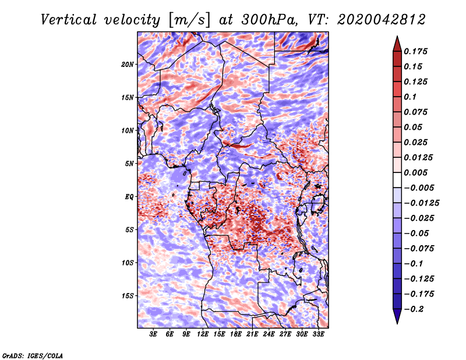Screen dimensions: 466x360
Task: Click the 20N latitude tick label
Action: [x=128, y=64]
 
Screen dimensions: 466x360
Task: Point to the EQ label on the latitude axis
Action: [x=129, y=196]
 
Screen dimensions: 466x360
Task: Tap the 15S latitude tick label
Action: [x=128, y=296]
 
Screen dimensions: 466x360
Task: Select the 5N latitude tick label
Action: [x=129, y=164]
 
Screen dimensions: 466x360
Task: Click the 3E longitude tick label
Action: [x=153, y=334]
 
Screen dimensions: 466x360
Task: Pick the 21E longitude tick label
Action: [x=252, y=334]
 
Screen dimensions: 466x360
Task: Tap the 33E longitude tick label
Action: [x=318, y=334]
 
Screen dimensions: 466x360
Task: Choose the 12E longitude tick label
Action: [x=203, y=334]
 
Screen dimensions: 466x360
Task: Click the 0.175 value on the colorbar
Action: [x=415, y=51]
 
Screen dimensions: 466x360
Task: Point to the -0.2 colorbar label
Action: [x=414, y=309]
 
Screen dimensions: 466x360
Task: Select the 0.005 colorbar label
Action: [x=415, y=172]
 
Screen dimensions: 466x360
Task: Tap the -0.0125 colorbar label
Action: [x=421, y=203]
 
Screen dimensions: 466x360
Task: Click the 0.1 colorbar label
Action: [x=410, y=97]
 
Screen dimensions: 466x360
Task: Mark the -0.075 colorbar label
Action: [x=419, y=249]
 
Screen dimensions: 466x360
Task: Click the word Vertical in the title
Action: [x=69, y=20]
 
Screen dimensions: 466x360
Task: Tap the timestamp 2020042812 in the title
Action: [x=382, y=20]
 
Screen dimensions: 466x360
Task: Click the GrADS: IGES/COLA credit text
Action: [x=33, y=356]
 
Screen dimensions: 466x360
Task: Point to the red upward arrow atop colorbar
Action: [x=397, y=44]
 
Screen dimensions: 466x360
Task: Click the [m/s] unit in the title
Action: [x=189, y=20]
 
